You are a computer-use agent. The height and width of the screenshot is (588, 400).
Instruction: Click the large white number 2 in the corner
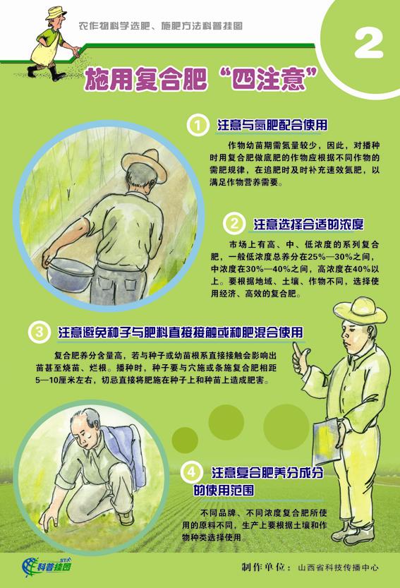click(368, 44)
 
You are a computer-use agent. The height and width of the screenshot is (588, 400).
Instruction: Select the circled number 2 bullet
click(234, 224)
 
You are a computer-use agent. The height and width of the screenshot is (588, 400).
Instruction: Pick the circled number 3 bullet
click(40, 332)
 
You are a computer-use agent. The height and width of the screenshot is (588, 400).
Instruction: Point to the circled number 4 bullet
click(191, 472)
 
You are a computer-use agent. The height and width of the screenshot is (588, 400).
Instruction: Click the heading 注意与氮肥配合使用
click(272, 125)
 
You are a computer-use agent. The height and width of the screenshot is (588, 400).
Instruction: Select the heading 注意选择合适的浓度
click(308, 224)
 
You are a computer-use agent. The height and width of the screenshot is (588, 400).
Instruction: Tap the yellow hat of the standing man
click(360, 311)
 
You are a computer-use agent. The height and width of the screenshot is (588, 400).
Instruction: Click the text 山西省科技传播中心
click(338, 567)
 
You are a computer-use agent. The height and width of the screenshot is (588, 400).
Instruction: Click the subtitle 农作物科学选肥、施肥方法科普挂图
click(160, 26)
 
